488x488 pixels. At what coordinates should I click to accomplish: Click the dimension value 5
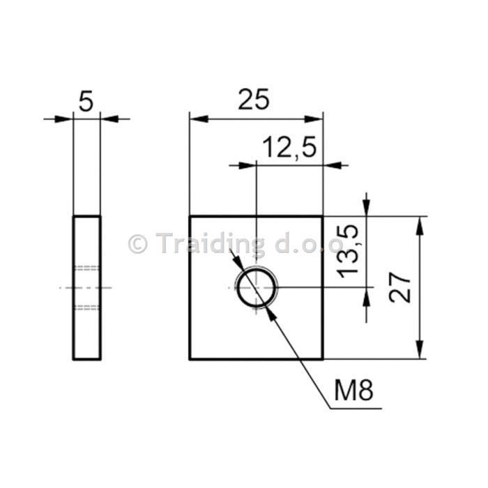click(86, 101)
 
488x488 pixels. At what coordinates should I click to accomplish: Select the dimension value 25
click(254, 99)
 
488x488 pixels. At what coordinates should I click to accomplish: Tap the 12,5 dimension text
click(290, 147)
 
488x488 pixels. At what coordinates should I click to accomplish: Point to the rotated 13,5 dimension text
click(348, 251)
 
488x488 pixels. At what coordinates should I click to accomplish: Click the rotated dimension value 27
click(400, 287)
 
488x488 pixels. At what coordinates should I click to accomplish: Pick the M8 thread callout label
click(353, 390)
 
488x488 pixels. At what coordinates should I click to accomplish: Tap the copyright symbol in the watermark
click(137, 244)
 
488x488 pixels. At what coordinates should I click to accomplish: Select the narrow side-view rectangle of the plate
click(73, 288)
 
